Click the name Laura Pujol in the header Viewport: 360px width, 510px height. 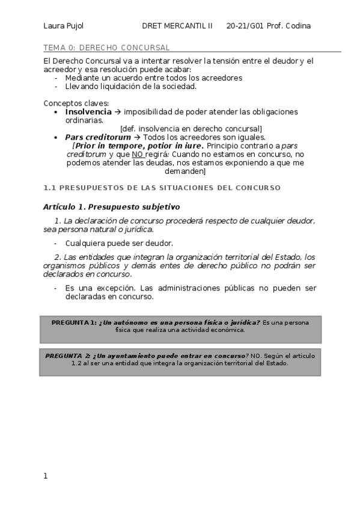point(63,26)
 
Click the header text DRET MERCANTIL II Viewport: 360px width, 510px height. point(177,26)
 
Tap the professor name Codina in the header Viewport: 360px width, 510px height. point(298,26)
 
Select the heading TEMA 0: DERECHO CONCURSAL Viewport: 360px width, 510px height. point(106,48)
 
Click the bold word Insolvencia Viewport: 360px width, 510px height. point(88,112)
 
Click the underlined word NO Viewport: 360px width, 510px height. point(137,154)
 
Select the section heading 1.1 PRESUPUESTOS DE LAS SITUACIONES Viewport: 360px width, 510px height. point(162,188)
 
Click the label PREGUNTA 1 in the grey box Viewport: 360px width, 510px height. point(73,322)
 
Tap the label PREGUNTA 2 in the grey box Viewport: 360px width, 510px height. point(68,355)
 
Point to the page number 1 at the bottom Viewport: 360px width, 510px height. point(46,476)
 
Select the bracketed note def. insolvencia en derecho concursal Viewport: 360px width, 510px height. point(191,129)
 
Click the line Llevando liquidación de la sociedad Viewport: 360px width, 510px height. point(131,86)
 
